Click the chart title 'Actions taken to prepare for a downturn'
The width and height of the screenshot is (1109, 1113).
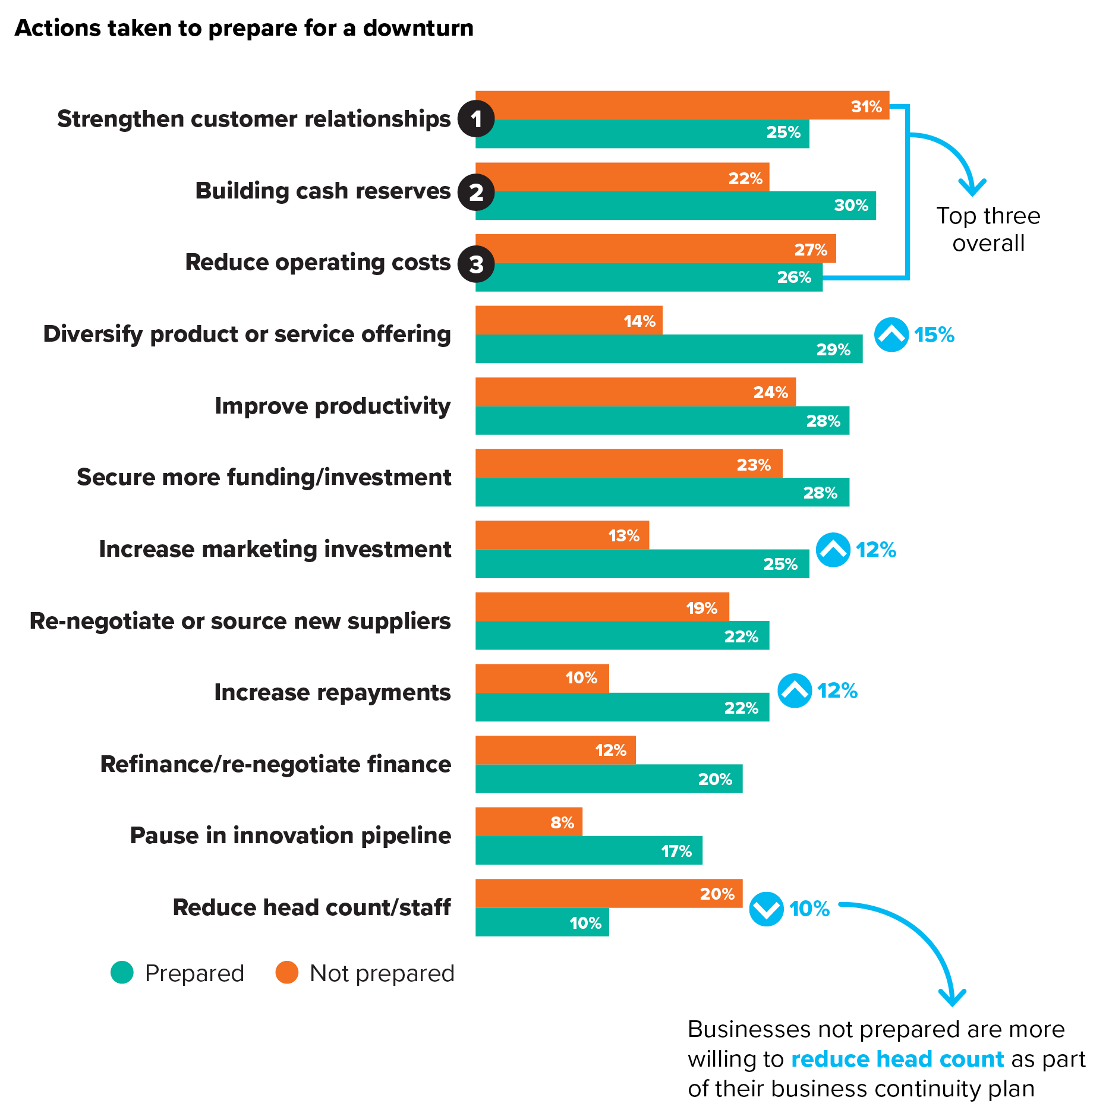pyautogui.click(x=244, y=28)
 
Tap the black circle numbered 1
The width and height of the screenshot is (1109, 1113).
pyautogui.click(x=476, y=119)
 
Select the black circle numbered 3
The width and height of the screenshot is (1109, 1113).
pyautogui.click(x=476, y=264)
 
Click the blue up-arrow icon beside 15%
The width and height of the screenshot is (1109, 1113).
pyautogui.click(x=891, y=335)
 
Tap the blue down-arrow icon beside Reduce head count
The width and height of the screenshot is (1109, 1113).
pyautogui.click(x=766, y=909)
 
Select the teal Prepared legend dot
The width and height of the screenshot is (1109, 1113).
pyautogui.click(x=122, y=973)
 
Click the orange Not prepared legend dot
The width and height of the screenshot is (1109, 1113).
pyautogui.click(x=286, y=973)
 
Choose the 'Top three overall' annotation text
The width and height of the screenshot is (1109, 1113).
pyautogui.click(x=988, y=229)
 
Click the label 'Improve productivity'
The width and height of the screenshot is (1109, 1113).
pyautogui.click(x=332, y=406)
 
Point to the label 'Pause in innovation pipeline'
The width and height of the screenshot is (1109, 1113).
pyautogui.click(x=290, y=835)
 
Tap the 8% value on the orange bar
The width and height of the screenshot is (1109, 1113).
pyautogui.click(x=562, y=822)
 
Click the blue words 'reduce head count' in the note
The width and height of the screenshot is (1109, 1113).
pyautogui.click(x=897, y=1059)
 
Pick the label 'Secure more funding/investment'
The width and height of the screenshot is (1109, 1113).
pyautogui.click(x=264, y=477)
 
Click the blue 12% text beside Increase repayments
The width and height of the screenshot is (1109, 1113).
pyautogui.click(x=837, y=690)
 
